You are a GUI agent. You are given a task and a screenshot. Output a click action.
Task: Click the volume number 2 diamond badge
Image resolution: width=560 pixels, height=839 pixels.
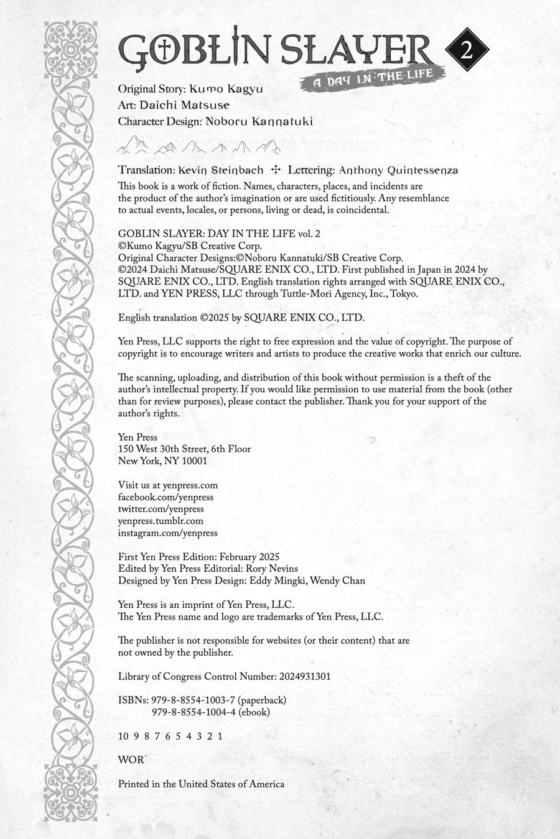pyautogui.click(x=467, y=50)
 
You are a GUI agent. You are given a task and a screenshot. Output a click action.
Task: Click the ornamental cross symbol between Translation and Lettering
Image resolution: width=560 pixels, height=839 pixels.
pyautogui.click(x=276, y=170)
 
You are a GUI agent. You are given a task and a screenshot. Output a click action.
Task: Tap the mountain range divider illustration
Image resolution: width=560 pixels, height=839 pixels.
pyautogui.click(x=199, y=146)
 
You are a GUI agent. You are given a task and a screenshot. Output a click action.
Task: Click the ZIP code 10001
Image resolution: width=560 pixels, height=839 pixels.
pyautogui.click(x=192, y=461)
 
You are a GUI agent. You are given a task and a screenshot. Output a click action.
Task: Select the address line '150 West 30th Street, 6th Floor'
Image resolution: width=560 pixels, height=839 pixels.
pyautogui.click(x=185, y=449)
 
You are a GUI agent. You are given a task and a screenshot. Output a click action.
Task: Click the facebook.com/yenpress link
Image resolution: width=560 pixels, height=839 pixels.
pyautogui.click(x=166, y=497)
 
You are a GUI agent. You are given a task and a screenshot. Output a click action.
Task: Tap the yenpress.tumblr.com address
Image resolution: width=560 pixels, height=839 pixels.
pyautogui.click(x=161, y=521)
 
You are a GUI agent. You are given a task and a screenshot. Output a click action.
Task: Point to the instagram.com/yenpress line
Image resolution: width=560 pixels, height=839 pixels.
pyautogui.click(x=168, y=533)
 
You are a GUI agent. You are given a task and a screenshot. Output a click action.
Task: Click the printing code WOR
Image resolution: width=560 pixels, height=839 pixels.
pyautogui.click(x=131, y=759)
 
